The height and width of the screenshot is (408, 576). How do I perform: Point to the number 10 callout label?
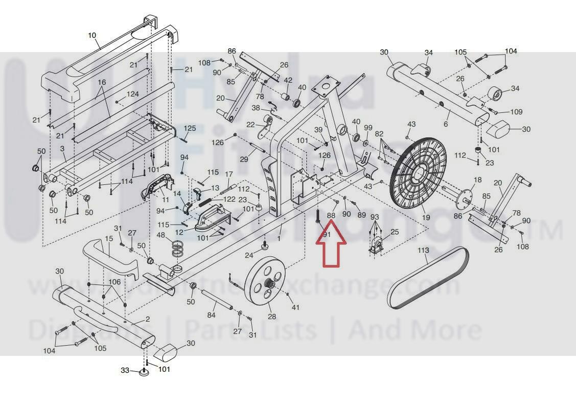point(92,35)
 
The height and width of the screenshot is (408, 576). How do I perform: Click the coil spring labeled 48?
point(177,250)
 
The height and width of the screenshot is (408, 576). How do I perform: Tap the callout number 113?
point(423,251)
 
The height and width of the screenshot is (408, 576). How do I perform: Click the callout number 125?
point(190,128)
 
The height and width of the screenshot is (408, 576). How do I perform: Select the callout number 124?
point(133,95)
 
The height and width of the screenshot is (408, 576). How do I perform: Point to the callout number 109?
point(516,112)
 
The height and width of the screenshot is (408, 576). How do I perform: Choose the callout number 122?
point(229,199)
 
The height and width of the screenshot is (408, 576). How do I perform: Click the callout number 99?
point(368,127)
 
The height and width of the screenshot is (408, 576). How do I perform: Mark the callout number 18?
point(478,180)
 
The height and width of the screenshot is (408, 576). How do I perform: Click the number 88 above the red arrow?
point(331,215)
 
